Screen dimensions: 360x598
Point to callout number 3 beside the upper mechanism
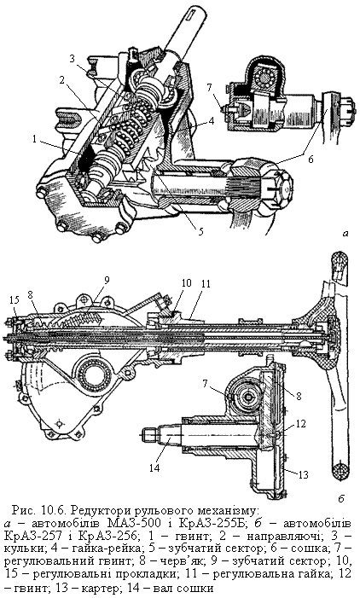(73, 59)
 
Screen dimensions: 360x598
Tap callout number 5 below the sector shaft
(200, 230)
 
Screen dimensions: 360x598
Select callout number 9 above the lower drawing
(107, 280)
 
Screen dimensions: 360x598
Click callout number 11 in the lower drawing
(206, 284)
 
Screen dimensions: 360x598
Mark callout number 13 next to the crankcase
(303, 474)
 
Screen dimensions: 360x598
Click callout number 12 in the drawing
(301, 424)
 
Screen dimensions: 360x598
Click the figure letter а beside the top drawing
(345, 234)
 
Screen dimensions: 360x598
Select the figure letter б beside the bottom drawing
(341, 499)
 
